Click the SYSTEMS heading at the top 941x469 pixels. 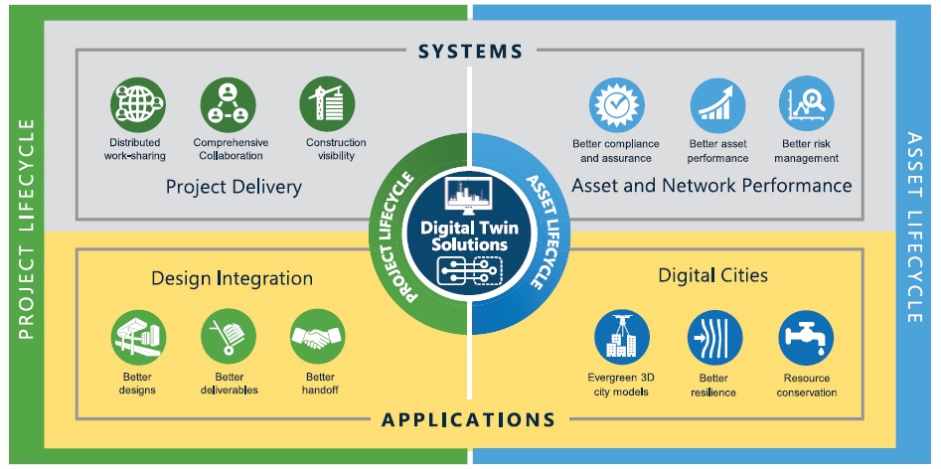tap(470, 50)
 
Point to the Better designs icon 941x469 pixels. tap(137, 339)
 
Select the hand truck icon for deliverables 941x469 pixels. tap(229, 339)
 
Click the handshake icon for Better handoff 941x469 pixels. tap(318, 339)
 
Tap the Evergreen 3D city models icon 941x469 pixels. tap(622, 339)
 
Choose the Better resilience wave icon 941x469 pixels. tap(714, 339)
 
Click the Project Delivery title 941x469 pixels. tap(234, 186)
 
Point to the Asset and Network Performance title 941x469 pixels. tap(711, 185)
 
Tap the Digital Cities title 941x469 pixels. tap(712, 274)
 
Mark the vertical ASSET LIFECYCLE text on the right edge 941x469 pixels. tap(915, 228)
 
